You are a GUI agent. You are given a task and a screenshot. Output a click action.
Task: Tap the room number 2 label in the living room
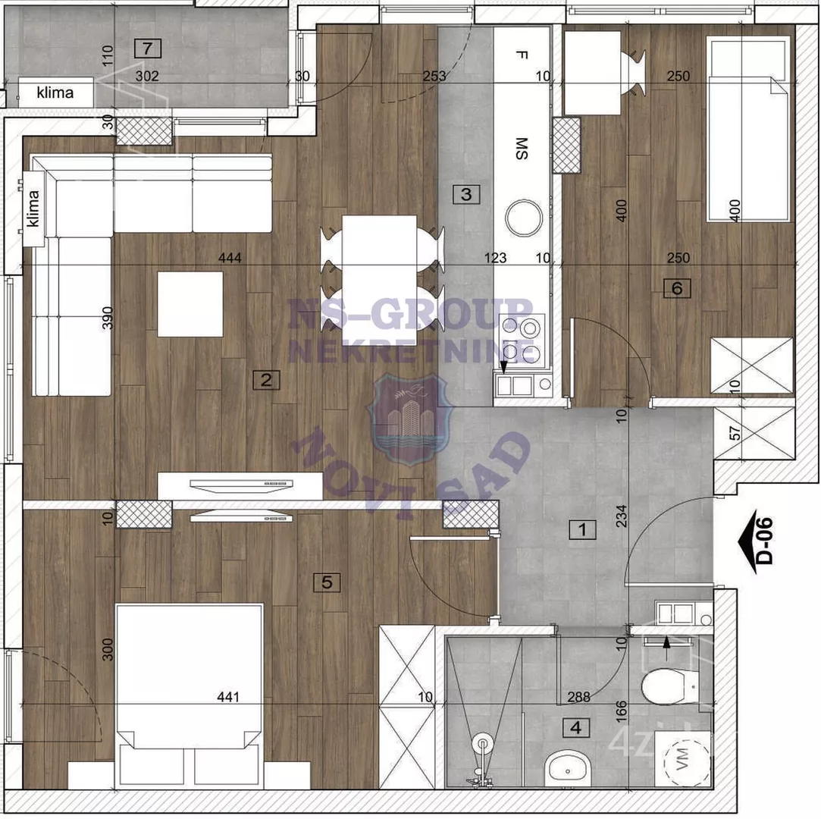point(266,380)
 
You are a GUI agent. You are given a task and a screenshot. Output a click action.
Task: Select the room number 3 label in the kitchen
point(466,194)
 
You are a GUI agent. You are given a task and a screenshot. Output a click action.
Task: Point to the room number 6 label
point(677,287)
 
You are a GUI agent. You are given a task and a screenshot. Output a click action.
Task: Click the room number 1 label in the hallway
point(582,529)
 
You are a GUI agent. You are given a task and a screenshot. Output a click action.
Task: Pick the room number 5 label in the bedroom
point(327,582)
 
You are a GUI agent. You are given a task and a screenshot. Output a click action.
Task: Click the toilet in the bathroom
point(666,686)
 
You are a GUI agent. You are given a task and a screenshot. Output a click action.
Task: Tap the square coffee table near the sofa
point(190,304)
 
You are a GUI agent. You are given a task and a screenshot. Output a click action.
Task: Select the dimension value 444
point(230,259)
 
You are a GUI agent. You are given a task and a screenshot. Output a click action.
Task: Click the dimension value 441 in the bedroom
point(227,698)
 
